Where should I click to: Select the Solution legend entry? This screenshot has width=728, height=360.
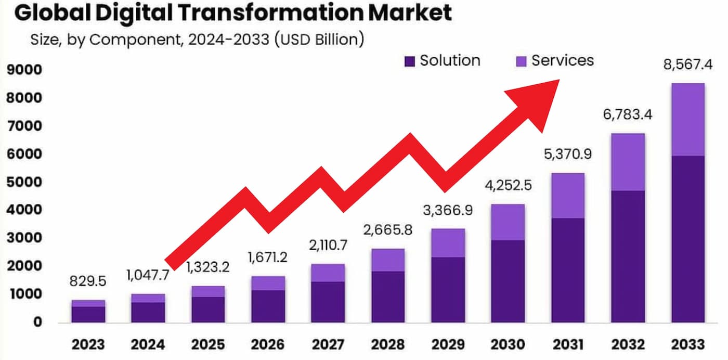tap(442, 61)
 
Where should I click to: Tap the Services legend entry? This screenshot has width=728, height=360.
tap(554, 61)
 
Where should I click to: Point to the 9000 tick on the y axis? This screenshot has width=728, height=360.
tap(24, 70)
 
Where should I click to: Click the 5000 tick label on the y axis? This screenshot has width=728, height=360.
tap(24, 183)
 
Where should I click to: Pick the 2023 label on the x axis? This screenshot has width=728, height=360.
tap(88, 344)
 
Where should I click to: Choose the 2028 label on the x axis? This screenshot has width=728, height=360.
tap(387, 344)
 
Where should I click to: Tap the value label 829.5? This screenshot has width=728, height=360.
tap(88, 281)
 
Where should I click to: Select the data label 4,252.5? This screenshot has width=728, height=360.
tap(507, 185)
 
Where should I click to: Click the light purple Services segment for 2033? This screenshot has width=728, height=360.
tap(688, 119)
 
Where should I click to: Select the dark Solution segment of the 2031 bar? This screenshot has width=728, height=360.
tap(567, 269)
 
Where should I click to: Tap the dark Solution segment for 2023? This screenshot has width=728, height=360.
tap(88, 314)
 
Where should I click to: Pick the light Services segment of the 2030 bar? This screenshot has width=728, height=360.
tap(508, 222)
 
